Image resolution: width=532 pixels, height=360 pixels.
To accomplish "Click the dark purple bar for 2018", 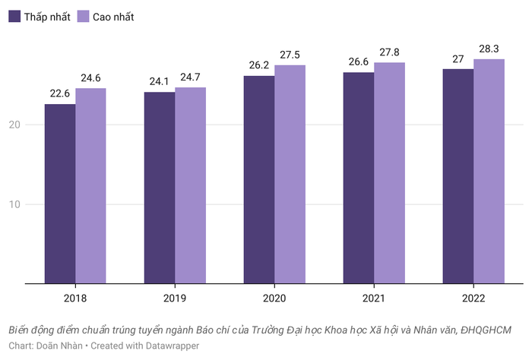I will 59,194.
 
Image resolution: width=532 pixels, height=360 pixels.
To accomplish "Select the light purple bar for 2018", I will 90,186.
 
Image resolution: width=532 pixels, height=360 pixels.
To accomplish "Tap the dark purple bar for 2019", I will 159,188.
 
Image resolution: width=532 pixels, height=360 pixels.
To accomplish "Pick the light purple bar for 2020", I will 290,175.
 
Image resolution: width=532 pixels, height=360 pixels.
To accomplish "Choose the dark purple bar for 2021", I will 358,178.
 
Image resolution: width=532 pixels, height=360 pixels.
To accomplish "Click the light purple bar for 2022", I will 489,172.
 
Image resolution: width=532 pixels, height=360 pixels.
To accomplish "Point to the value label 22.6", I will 59,94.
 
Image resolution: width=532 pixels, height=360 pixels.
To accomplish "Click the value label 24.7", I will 190,77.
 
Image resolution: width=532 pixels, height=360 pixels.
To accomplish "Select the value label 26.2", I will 258,66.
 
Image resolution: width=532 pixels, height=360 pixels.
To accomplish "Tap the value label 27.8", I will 389,52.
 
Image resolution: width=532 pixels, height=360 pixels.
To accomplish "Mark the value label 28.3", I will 489,49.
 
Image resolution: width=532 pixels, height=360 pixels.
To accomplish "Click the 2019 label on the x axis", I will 175,299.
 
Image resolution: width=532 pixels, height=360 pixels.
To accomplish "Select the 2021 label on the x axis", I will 374,299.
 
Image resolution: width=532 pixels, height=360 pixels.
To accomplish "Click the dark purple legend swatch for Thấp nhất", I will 14,17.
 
